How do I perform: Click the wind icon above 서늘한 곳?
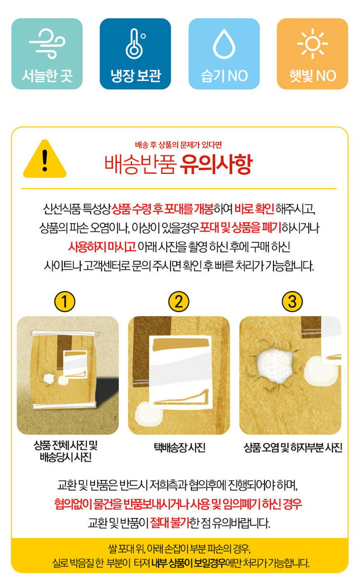tap(47, 44)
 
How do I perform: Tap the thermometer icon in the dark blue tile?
tap(135, 44)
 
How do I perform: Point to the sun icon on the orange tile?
tap(313, 43)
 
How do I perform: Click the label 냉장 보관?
tap(135, 76)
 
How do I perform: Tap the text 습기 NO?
tap(224, 76)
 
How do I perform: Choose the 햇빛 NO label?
tap(313, 76)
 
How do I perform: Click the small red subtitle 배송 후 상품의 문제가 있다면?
tap(178, 145)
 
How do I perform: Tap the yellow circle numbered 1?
tap(65, 301)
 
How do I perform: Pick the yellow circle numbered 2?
tap(179, 301)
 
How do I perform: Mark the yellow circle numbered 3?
tap(293, 301)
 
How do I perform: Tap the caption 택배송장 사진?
tap(180, 448)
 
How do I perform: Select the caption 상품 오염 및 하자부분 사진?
tap(293, 448)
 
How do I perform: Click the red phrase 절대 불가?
tap(170, 523)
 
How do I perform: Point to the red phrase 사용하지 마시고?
tap(102, 247)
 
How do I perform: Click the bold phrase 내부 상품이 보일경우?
tap(189, 563)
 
